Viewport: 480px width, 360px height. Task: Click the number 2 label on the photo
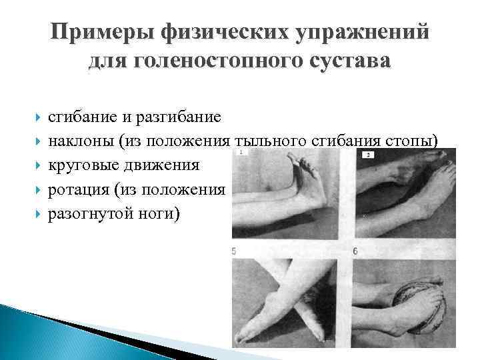(x=369, y=155)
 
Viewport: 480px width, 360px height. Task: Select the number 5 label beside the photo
(x=233, y=252)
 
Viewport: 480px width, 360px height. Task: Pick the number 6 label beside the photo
(x=357, y=252)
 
